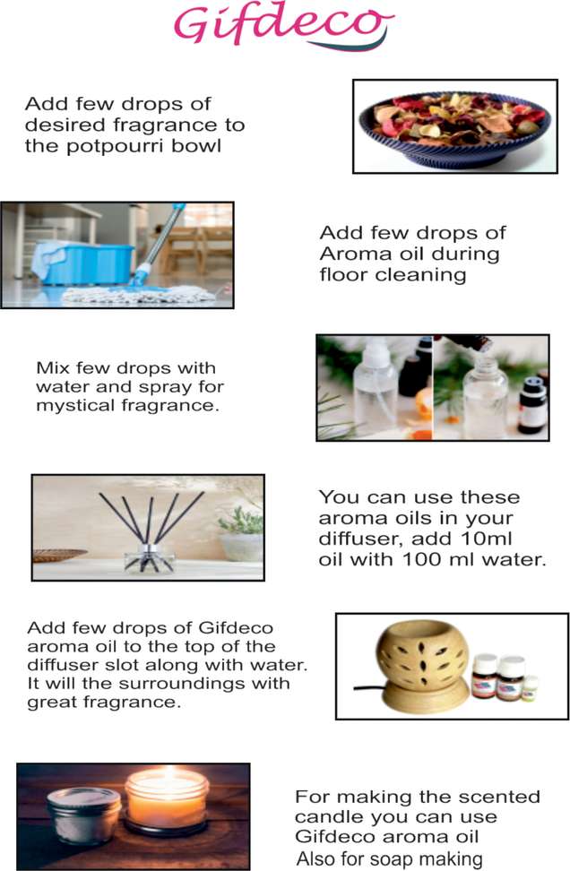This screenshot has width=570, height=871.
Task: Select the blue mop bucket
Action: pos(83,263)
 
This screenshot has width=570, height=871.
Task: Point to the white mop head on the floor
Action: pos(139,294)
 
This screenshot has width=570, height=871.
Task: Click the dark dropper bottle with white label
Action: pos(532,406)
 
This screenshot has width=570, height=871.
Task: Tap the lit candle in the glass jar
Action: pos(166,800)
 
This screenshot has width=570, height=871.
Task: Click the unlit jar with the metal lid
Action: pos(84,815)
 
